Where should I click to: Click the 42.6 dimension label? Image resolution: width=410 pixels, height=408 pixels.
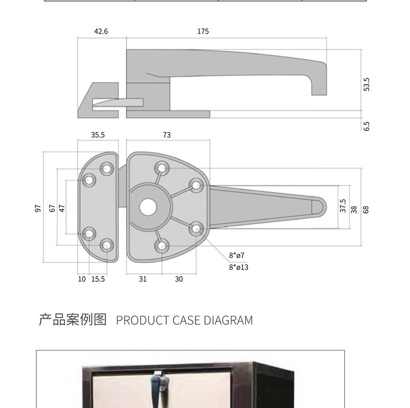(x=101, y=32)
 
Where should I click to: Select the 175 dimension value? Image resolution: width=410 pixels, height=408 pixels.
(x=203, y=32)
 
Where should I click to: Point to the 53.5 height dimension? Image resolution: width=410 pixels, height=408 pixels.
(x=366, y=84)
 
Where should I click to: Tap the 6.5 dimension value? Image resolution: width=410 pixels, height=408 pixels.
(x=366, y=126)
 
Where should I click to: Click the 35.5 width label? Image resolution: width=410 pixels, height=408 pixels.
(x=98, y=135)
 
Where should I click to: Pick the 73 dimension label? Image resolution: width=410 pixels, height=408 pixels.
(x=167, y=135)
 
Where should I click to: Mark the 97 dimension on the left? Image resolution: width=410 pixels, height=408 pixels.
(x=38, y=208)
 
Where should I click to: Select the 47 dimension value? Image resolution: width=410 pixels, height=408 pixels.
(x=62, y=208)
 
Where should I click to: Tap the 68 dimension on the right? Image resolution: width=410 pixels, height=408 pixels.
(x=366, y=209)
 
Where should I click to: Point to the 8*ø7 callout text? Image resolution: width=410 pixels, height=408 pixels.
(x=237, y=256)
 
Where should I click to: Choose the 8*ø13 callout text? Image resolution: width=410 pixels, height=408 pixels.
(x=238, y=267)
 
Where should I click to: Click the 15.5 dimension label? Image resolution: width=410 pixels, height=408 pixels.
(x=98, y=279)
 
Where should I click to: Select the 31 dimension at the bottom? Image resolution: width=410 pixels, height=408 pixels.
(x=143, y=279)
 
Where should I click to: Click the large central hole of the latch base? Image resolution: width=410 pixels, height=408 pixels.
(x=148, y=207)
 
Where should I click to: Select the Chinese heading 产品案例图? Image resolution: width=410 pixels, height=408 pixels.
(x=73, y=319)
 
